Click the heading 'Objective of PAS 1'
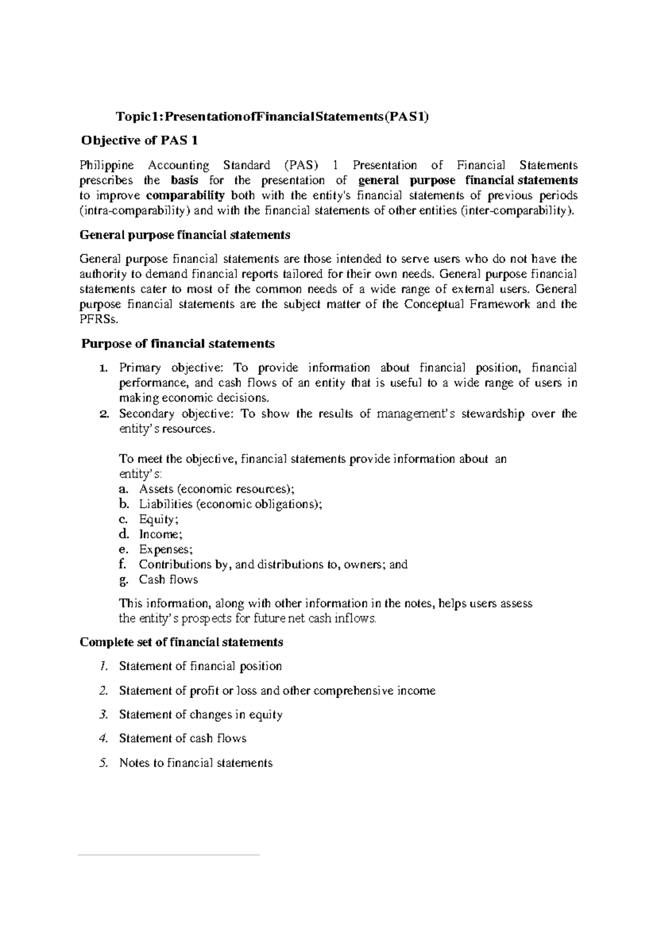coord(139,141)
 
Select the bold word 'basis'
coord(185,181)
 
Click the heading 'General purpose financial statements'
coord(185,235)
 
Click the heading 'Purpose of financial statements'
coord(177,344)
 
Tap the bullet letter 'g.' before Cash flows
coord(123,580)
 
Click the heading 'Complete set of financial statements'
coord(181,642)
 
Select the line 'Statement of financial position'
coord(200,666)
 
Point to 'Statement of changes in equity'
coord(200,715)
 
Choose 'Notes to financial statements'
coord(195,763)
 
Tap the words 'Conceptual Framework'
coord(466,304)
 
